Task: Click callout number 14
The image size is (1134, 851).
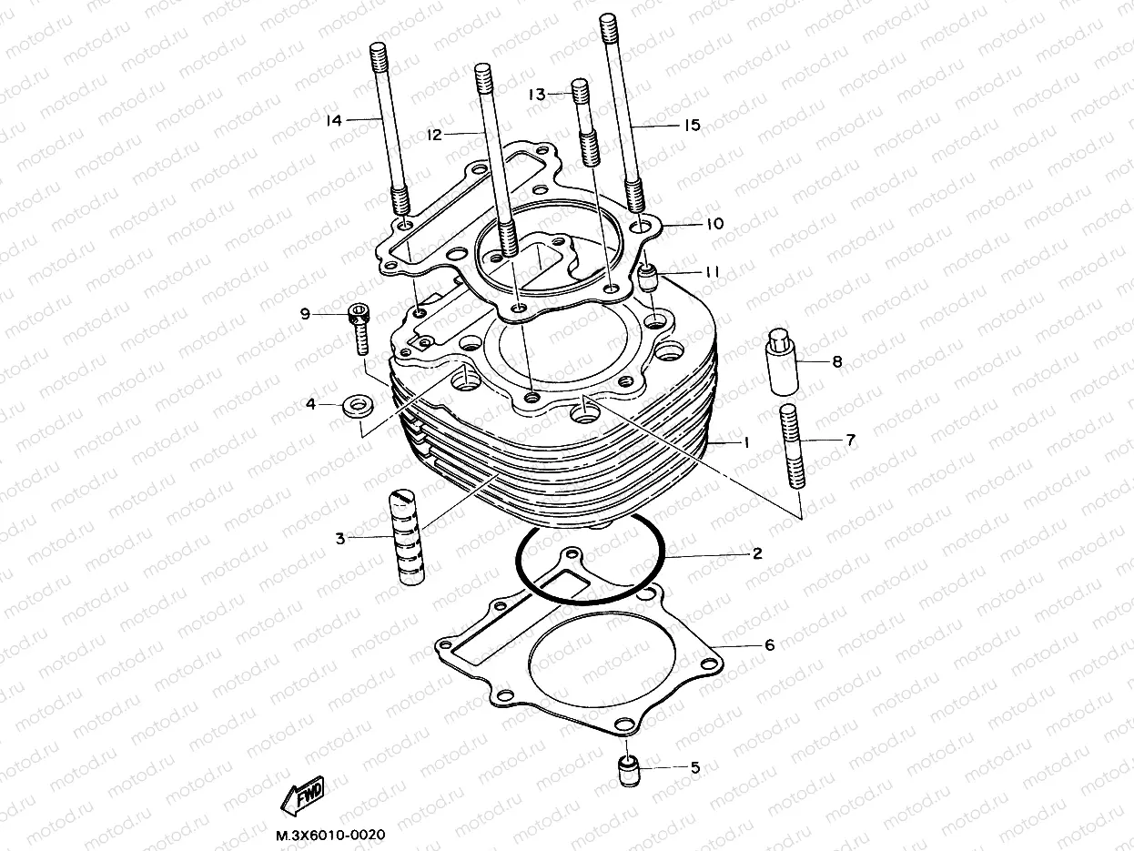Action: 334,119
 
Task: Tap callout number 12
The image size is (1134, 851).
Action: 433,134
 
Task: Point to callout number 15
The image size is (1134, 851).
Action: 692,126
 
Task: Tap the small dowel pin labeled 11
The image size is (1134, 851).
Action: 647,276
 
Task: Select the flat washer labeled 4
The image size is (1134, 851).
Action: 356,405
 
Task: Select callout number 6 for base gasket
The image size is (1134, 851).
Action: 769,645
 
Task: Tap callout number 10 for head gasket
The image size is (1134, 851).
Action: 714,223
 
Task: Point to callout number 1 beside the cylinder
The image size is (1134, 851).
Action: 744,442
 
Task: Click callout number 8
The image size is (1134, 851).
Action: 836,361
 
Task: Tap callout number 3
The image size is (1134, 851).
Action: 339,539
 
